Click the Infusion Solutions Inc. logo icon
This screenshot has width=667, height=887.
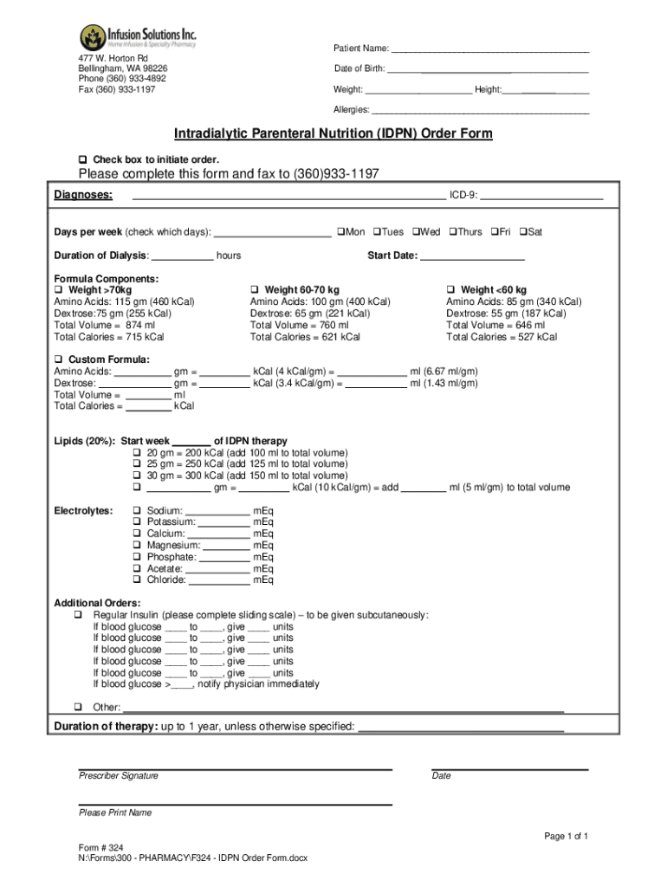(93, 37)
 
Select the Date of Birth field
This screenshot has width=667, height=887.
(488, 68)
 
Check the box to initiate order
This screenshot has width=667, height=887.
(83, 159)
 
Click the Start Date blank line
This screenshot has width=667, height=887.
(472, 256)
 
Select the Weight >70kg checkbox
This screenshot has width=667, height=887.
(59, 289)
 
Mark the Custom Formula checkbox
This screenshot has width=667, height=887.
(59, 359)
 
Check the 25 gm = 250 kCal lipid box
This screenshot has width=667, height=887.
(137, 464)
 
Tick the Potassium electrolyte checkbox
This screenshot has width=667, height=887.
(137, 522)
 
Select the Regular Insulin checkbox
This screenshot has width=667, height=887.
(78, 615)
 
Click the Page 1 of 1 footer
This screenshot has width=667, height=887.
(567, 836)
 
